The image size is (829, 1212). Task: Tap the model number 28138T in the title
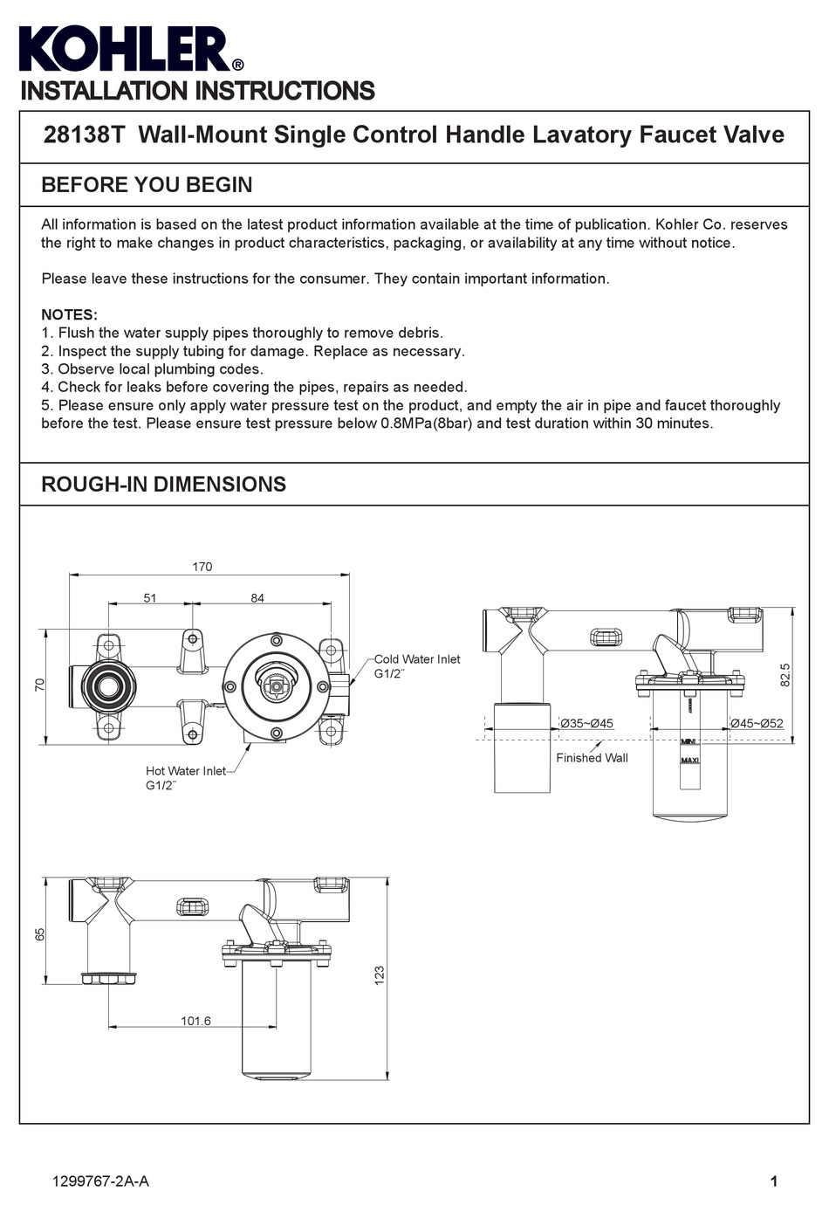tap(85, 135)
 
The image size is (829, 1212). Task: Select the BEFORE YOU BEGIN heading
tap(147, 185)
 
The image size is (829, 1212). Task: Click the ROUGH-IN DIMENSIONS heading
tap(163, 485)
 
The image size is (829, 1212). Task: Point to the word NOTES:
tap(69, 314)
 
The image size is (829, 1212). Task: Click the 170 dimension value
tap(202, 567)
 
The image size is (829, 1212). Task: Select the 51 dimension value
tap(150, 598)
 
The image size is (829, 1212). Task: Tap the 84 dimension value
tap(257, 598)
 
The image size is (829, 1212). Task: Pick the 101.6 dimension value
tap(195, 1021)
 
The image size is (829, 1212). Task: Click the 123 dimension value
tap(379, 975)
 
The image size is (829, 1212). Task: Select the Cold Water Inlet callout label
tap(416, 659)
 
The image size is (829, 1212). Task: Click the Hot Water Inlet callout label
tap(185, 771)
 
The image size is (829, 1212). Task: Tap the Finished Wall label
tap(592, 758)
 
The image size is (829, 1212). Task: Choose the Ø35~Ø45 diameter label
tap(586, 723)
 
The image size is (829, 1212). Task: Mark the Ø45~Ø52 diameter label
tap(757, 723)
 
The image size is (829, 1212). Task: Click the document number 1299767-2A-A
tap(100, 1181)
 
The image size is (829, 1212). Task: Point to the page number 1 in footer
tap(773, 1182)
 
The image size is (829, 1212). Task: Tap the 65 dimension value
tap(39, 933)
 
